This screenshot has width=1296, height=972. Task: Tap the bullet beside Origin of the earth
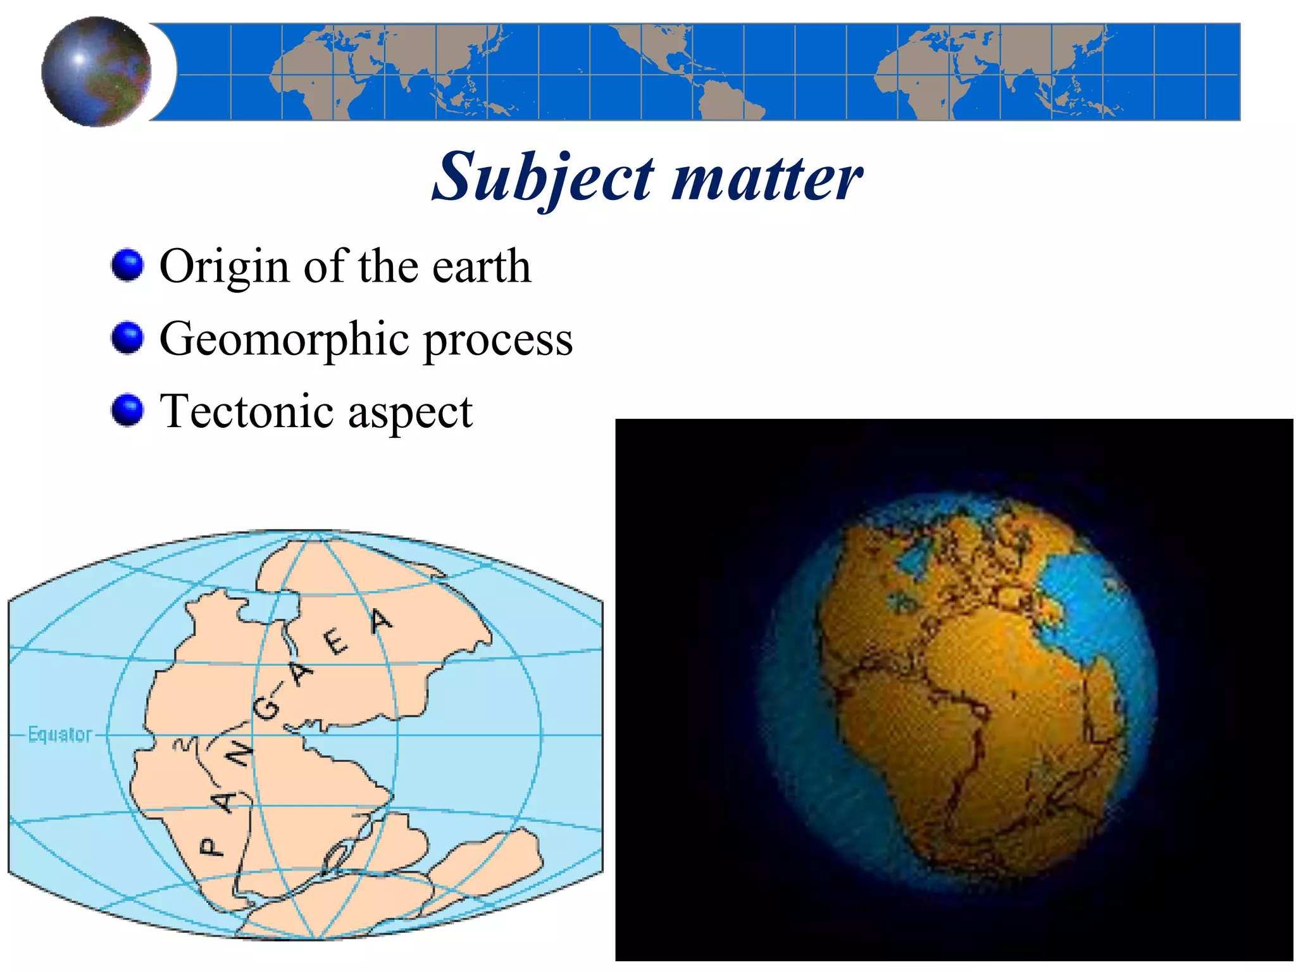(x=127, y=265)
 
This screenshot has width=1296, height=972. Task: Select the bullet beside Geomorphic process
(x=127, y=337)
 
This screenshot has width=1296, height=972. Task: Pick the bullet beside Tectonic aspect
(x=127, y=410)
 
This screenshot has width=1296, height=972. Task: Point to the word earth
(x=481, y=266)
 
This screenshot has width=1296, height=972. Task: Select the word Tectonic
(x=247, y=411)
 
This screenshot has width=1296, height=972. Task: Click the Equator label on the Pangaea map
(x=60, y=734)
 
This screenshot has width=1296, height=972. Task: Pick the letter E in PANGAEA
(x=336, y=643)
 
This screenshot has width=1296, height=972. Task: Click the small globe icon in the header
(x=96, y=71)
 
